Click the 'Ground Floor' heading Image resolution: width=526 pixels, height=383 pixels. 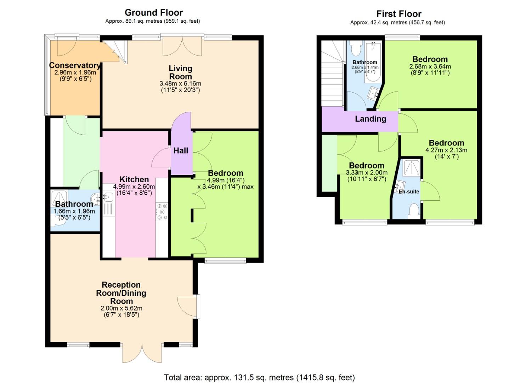coord(153,13)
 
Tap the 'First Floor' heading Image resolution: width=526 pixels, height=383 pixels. coord(398,14)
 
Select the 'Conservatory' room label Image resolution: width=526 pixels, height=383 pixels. coord(75,65)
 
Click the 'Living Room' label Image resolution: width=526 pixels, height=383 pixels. coord(180,72)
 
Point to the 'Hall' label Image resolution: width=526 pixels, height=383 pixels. coord(181,151)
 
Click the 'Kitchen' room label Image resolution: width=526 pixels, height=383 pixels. coord(134,179)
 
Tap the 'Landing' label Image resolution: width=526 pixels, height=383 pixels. coord(371,119)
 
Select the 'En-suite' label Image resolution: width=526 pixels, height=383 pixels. coord(409,191)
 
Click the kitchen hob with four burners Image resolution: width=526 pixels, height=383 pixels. coord(162,212)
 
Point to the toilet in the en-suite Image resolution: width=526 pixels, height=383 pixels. coord(413,211)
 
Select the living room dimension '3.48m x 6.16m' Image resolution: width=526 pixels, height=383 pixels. coord(180,84)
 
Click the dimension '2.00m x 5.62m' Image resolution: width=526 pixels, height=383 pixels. coord(121,308)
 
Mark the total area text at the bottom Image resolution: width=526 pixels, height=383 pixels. coord(259,377)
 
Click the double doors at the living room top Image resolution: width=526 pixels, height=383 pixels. coord(182,46)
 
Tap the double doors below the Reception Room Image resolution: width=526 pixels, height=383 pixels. coord(142,353)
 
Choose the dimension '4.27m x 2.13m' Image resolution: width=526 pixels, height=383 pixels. coord(446,150)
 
